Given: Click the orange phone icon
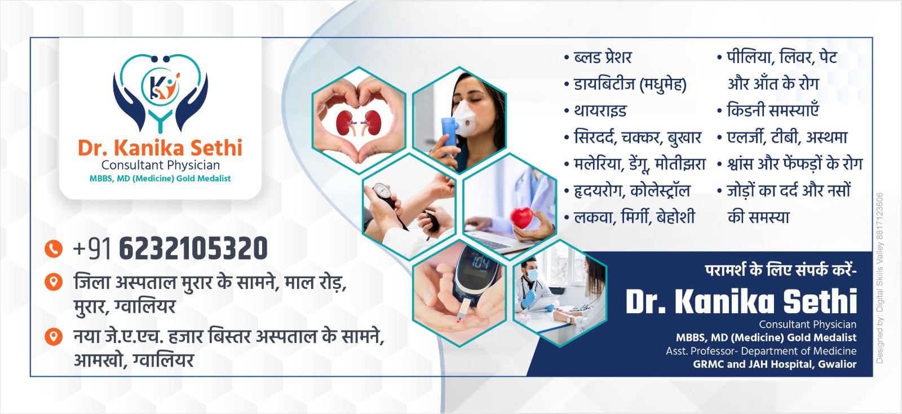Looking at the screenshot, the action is pyautogui.click(x=53, y=248).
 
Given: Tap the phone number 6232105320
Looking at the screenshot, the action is pyautogui.click(x=193, y=248).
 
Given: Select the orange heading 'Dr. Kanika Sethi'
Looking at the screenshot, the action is pyautogui.click(x=160, y=147).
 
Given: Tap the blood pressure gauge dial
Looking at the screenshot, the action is pyautogui.click(x=381, y=191).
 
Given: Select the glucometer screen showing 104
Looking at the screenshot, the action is pyautogui.click(x=480, y=264).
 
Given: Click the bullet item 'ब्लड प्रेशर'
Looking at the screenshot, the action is pyautogui.click(x=603, y=57).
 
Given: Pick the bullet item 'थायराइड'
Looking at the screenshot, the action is pyautogui.click(x=600, y=110).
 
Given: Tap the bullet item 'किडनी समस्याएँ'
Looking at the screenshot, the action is pyautogui.click(x=772, y=110).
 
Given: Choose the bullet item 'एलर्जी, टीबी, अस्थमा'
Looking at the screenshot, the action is pyautogui.click(x=787, y=137).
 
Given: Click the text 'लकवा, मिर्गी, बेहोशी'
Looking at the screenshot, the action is pyautogui.click(x=634, y=216).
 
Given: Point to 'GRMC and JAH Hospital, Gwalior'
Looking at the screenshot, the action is pyautogui.click(x=775, y=364).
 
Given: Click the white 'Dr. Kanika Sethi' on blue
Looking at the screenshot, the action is pyautogui.click(x=741, y=301).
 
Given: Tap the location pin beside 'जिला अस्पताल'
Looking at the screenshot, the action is pyautogui.click(x=53, y=282).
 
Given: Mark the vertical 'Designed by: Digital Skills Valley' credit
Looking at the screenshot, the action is pyautogui.click(x=880, y=278).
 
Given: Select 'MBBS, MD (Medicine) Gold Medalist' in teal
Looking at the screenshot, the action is pyautogui.click(x=160, y=178).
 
